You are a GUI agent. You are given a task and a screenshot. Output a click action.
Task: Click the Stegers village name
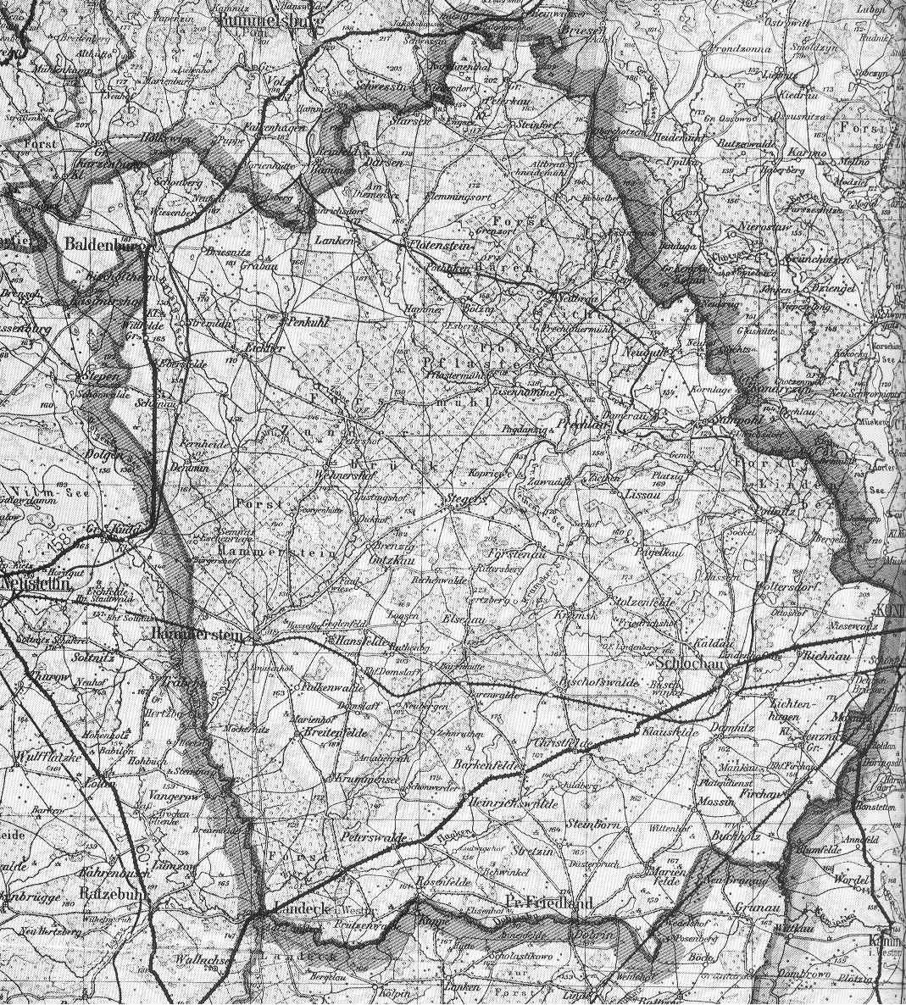[465, 501]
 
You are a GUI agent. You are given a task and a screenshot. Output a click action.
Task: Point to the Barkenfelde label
[488, 765]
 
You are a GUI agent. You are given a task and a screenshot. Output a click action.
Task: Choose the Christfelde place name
[561, 743]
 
